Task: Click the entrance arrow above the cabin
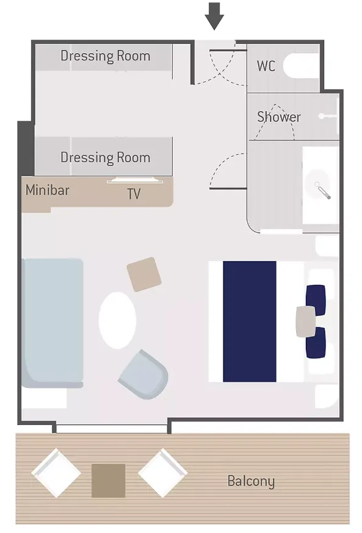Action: [214, 16]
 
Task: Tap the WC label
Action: [266, 66]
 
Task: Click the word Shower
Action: [278, 117]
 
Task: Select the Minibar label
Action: [47, 190]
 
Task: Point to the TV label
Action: [134, 194]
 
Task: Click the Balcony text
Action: [251, 482]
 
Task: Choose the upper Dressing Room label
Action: [106, 56]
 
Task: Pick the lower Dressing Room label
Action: [106, 158]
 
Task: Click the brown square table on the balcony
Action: [109, 481]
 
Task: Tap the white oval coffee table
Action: [117, 320]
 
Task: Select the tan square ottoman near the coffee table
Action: [144, 274]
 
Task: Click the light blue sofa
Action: [52, 323]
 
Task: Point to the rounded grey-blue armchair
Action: [143, 374]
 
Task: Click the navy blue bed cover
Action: [250, 321]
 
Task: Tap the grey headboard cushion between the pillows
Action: [305, 321]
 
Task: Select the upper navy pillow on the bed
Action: [316, 300]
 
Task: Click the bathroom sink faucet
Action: [322, 190]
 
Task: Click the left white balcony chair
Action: [56, 473]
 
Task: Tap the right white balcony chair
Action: [162, 473]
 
